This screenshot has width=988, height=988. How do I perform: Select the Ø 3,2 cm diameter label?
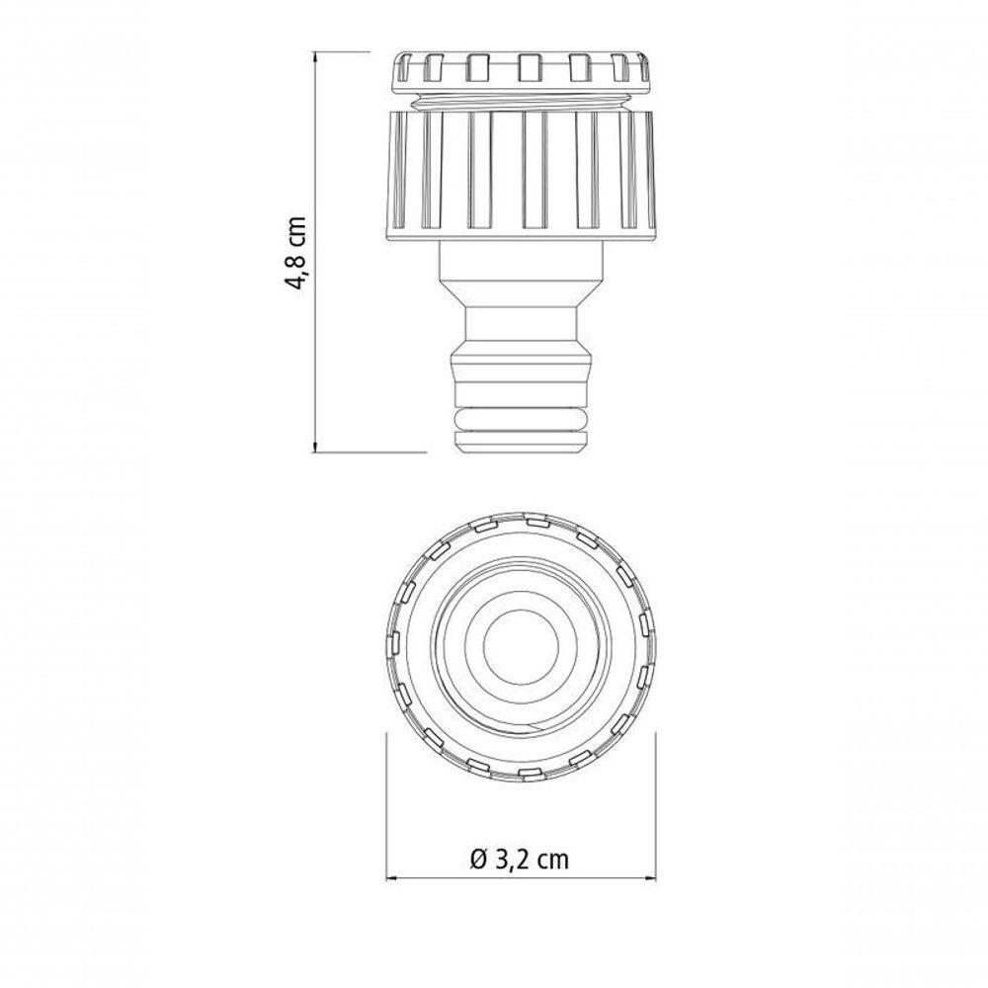tap(521, 859)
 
